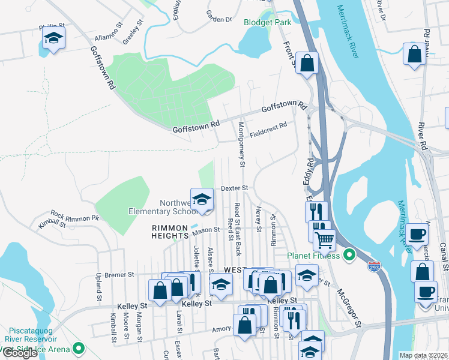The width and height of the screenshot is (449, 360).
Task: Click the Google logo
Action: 19,353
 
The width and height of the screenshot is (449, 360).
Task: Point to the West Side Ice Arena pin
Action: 78,348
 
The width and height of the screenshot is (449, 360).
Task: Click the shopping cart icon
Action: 324,240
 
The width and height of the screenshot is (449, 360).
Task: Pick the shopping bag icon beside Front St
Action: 307,64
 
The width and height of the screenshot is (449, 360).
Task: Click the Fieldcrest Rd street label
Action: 269,129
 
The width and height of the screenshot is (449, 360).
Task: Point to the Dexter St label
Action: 234,188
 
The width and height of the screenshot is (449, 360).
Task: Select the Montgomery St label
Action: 241,144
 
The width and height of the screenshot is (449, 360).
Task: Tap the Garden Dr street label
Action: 218,19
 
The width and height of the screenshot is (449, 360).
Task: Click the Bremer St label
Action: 119,275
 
